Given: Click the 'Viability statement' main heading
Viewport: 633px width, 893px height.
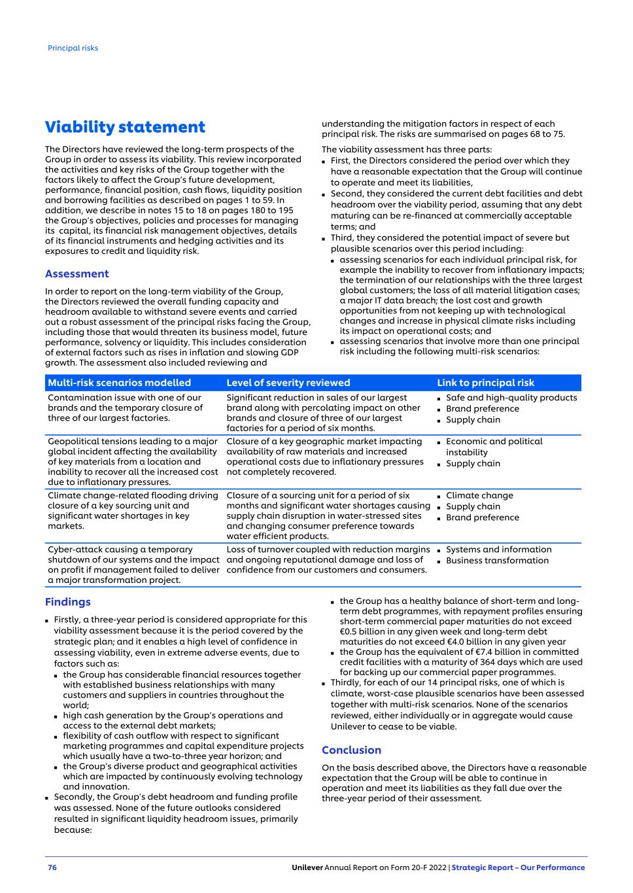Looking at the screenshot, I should (125, 127).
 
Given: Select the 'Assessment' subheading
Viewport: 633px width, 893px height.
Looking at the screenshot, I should (77, 273).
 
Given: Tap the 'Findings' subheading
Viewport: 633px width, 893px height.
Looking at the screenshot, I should (67, 602).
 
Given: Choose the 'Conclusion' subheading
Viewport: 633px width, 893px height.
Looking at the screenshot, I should (351, 750).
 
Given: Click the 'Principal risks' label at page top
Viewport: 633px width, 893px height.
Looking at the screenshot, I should (73, 48).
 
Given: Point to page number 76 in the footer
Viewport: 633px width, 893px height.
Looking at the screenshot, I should (52, 867).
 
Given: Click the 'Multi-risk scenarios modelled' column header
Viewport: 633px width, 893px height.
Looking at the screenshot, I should (119, 383).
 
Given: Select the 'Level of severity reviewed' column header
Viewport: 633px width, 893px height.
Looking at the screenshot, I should (288, 383).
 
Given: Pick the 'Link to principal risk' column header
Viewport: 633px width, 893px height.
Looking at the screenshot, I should (485, 383).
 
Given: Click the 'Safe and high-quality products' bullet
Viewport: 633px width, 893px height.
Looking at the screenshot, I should (511, 398).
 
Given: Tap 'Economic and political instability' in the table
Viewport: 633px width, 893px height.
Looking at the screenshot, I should (494, 447).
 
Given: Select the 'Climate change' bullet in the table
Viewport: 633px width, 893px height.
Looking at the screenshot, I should (479, 495).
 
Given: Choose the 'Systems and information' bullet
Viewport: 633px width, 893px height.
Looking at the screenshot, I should (498, 550).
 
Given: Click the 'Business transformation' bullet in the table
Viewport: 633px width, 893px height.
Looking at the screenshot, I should (497, 561).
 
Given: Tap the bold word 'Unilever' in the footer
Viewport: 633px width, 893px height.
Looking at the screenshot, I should (307, 867).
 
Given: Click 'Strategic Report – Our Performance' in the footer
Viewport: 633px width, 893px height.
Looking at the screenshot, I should (518, 867).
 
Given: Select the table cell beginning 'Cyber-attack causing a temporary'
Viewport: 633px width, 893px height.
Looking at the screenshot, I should (133, 565).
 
